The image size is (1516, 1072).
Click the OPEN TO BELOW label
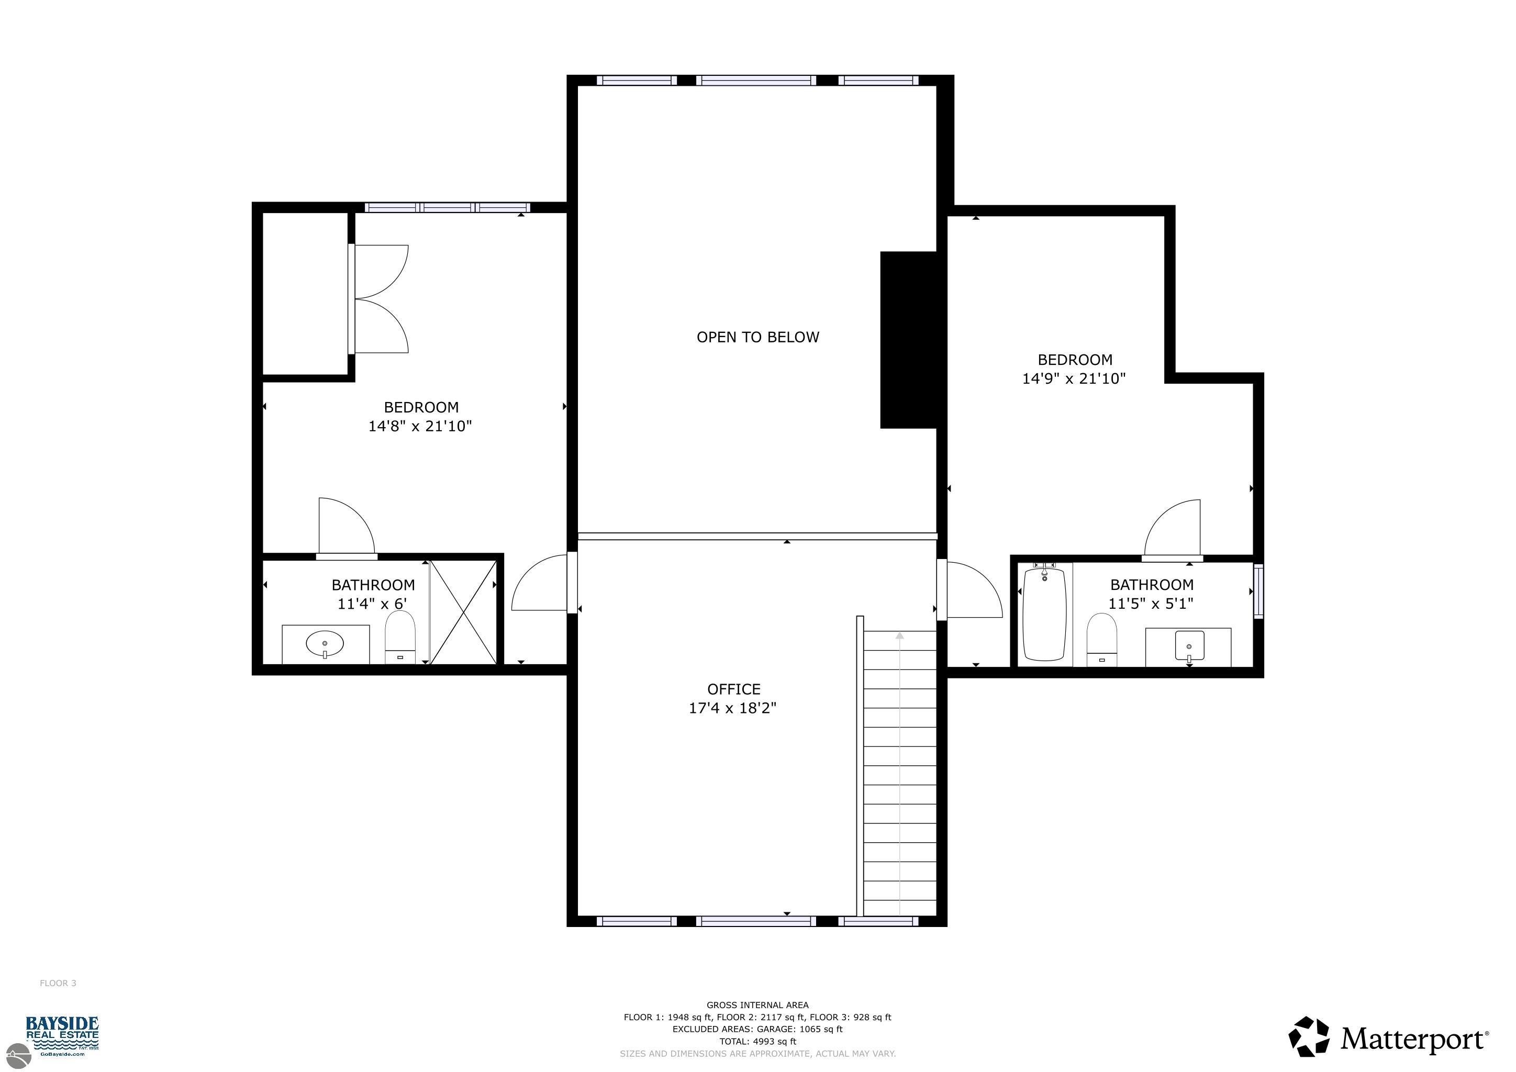(x=757, y=337)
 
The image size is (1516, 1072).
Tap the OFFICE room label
(x=733, y=689)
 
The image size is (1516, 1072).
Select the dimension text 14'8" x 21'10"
(x=420, y=426)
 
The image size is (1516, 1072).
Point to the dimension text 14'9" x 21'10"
(x=1074, y=378)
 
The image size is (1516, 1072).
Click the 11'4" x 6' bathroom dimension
(x=372, y=604)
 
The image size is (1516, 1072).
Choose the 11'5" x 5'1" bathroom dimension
(x=1151, y=604)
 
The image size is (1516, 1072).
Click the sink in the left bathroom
(x=325, y=644)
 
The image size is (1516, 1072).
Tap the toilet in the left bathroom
(x=400, y=637)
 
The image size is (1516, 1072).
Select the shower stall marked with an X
(x=463, y=612)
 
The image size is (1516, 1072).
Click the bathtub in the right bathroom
(x=1044, y=612)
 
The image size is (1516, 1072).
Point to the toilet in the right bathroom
(x=1101, y=640)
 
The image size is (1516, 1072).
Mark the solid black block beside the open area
(x=909, y=340)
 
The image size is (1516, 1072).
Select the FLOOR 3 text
(x=58, y=983)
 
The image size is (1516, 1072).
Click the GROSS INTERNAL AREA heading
(x=757, y=1006)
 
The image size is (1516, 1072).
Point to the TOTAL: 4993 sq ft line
(x=758, y=1042)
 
